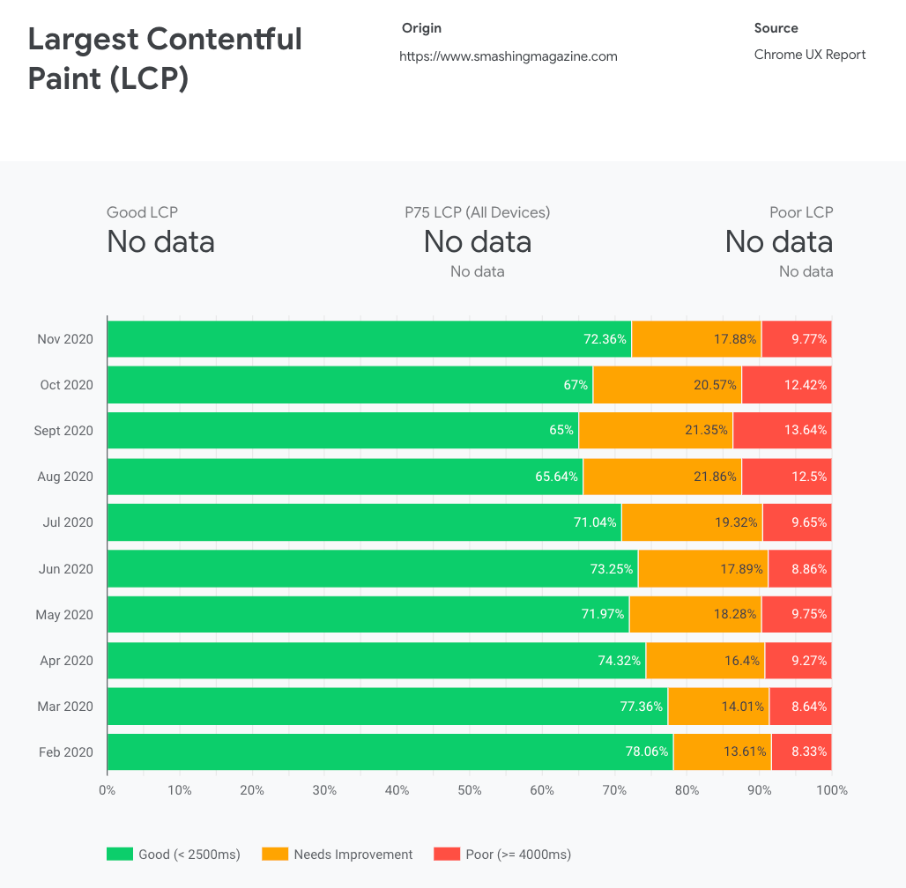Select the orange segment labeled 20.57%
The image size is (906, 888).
pos(667,385)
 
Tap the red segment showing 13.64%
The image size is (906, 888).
pos(782,431)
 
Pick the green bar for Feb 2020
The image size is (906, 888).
pos(390,752)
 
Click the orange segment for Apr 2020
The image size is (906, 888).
pos(705,661)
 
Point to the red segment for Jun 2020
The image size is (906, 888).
pos(799,569)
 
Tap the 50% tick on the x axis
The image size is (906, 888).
pos(470,790)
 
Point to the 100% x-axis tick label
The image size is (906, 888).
pos(831,790)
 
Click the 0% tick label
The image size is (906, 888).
pos(108,790)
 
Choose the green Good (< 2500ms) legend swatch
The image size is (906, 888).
pos(119,854)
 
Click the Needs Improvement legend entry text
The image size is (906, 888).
pos(353,854)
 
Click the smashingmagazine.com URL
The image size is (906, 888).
pos(508,56)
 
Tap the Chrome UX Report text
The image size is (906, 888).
pos(809,55)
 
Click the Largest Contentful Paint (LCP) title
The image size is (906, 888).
pos(165,58)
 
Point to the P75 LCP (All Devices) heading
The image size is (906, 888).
pos(477,212)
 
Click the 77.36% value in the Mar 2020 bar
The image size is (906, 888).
pos(641,707)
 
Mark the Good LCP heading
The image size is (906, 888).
pos(142,212)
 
